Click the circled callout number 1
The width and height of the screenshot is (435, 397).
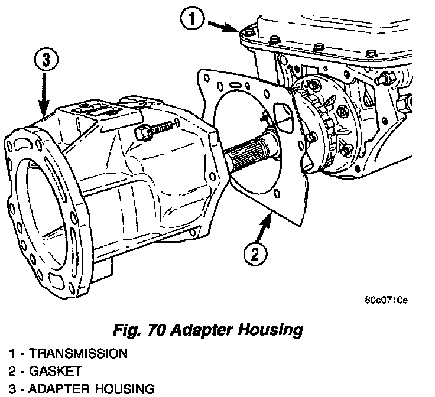click(x=193, y=20)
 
